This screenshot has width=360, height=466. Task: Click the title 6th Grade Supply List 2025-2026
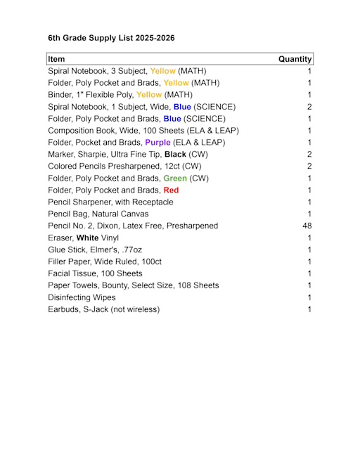point(111,38)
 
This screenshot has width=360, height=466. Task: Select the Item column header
point(57,59)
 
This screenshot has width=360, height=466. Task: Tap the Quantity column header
point(295,59)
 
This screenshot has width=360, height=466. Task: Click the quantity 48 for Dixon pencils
point(307,226)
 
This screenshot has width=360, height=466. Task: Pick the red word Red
point(171,190)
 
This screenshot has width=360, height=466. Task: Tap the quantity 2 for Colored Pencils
point(309,166)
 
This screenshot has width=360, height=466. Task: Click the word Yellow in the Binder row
point(149,95)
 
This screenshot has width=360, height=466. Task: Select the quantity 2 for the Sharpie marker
point(309,154)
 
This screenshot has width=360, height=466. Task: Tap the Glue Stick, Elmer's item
point(95,250)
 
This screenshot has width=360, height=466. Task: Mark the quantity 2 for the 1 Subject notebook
point(309,107)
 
